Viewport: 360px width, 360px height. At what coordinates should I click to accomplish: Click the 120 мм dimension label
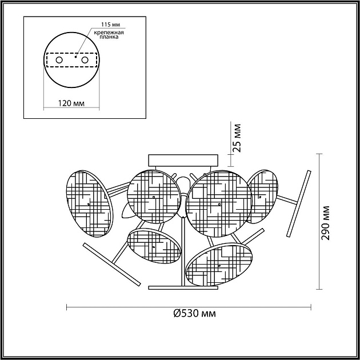(x=71, y=103)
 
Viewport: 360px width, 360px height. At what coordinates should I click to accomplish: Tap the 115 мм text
(x=111, y=25)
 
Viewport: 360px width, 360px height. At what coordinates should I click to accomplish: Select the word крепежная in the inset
(x=109, y=33)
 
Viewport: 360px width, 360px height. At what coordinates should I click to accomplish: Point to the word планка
(x=109, y=37)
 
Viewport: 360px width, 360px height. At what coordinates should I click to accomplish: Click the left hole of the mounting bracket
(x=59, y=60)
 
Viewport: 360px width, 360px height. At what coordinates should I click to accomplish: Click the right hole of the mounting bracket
(x=85, y=60)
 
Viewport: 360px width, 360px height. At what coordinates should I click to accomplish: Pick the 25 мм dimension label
(x=237, y=138)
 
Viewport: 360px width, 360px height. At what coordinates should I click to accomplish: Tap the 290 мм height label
(x=325, y=223)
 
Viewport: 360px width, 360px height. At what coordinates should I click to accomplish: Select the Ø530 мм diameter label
(x=194, y=313)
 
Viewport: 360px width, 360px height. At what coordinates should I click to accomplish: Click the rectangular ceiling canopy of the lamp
(x=183, y=160)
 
